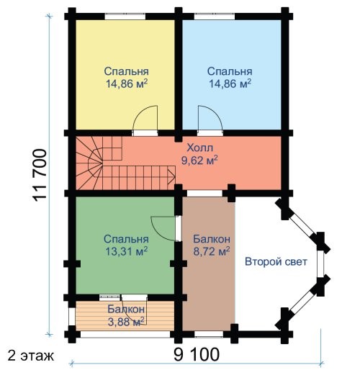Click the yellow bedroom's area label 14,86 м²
tap(127, 84)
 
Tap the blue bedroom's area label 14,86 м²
tap(230, 84)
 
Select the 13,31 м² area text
tap(126, 251)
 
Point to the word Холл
tap(199, 148)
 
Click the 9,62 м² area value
tap(199, 161)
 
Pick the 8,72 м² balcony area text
tap(212, 251)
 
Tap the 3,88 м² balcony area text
tap(126, 322)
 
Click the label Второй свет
tap(276, 261)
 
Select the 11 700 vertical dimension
tap(40, 176)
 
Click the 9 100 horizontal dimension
tap(197, 355)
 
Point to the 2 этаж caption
tap(31, 356)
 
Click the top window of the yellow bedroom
tap(125, 17)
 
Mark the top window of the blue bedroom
tap(215, 17)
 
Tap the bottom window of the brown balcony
tap(209, 334)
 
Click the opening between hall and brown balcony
tap(204, 193)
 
